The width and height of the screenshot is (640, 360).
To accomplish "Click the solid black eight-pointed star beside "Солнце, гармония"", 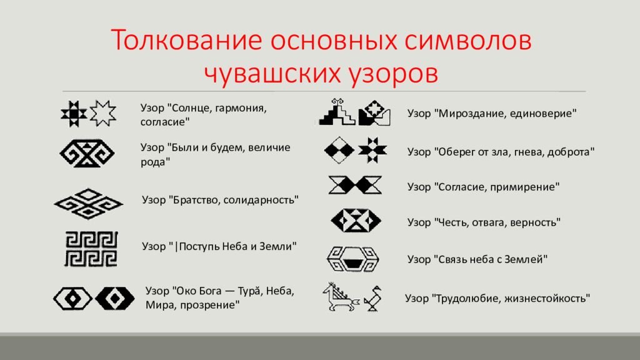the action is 74,114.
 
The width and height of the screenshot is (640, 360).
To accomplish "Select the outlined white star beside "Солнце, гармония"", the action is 103,113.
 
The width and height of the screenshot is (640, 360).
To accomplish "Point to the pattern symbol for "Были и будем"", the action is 87,154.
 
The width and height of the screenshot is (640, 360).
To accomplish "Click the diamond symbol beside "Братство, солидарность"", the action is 89,203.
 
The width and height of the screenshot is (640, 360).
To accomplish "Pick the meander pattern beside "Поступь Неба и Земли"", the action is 91,249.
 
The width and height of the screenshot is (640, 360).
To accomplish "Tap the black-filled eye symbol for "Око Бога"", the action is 115,299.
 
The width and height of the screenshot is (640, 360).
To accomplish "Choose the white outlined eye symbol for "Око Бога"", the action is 72,299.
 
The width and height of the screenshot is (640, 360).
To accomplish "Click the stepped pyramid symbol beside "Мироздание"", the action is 337,112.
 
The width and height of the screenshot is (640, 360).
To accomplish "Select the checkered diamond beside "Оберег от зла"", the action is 339,151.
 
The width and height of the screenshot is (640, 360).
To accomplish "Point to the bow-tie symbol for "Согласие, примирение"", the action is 355,185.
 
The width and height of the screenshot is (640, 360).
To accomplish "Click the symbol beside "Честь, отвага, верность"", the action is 356,221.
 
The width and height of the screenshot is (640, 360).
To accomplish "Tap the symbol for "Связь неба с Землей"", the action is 353,259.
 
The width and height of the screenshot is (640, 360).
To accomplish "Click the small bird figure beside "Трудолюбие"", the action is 372,299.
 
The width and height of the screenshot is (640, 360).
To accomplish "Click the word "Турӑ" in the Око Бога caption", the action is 249,291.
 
